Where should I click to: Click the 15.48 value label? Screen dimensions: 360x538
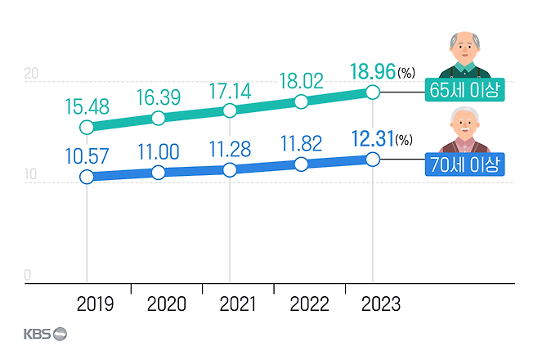[85, 106]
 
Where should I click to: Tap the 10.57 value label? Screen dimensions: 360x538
[86, 155]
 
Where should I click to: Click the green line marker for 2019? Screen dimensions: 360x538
[87, 127]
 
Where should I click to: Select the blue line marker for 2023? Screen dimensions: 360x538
[373, 159]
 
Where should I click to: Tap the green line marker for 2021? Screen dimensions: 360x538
[230, 110]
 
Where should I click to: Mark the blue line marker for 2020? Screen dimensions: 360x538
[159, 172]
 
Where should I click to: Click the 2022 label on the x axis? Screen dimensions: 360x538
[311, 304]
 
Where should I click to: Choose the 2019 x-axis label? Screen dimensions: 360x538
[96, 304]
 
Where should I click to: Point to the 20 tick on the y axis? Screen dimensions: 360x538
[31, 74]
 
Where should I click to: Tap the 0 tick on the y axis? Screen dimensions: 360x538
[27, 276]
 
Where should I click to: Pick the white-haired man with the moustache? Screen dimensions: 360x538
[464, 131]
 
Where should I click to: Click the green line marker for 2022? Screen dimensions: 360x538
[301, 101]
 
